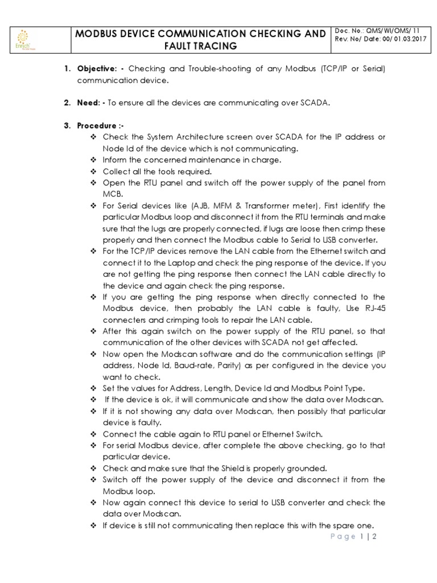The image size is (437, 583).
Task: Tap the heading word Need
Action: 88,103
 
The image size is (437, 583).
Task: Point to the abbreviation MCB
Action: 112,194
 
